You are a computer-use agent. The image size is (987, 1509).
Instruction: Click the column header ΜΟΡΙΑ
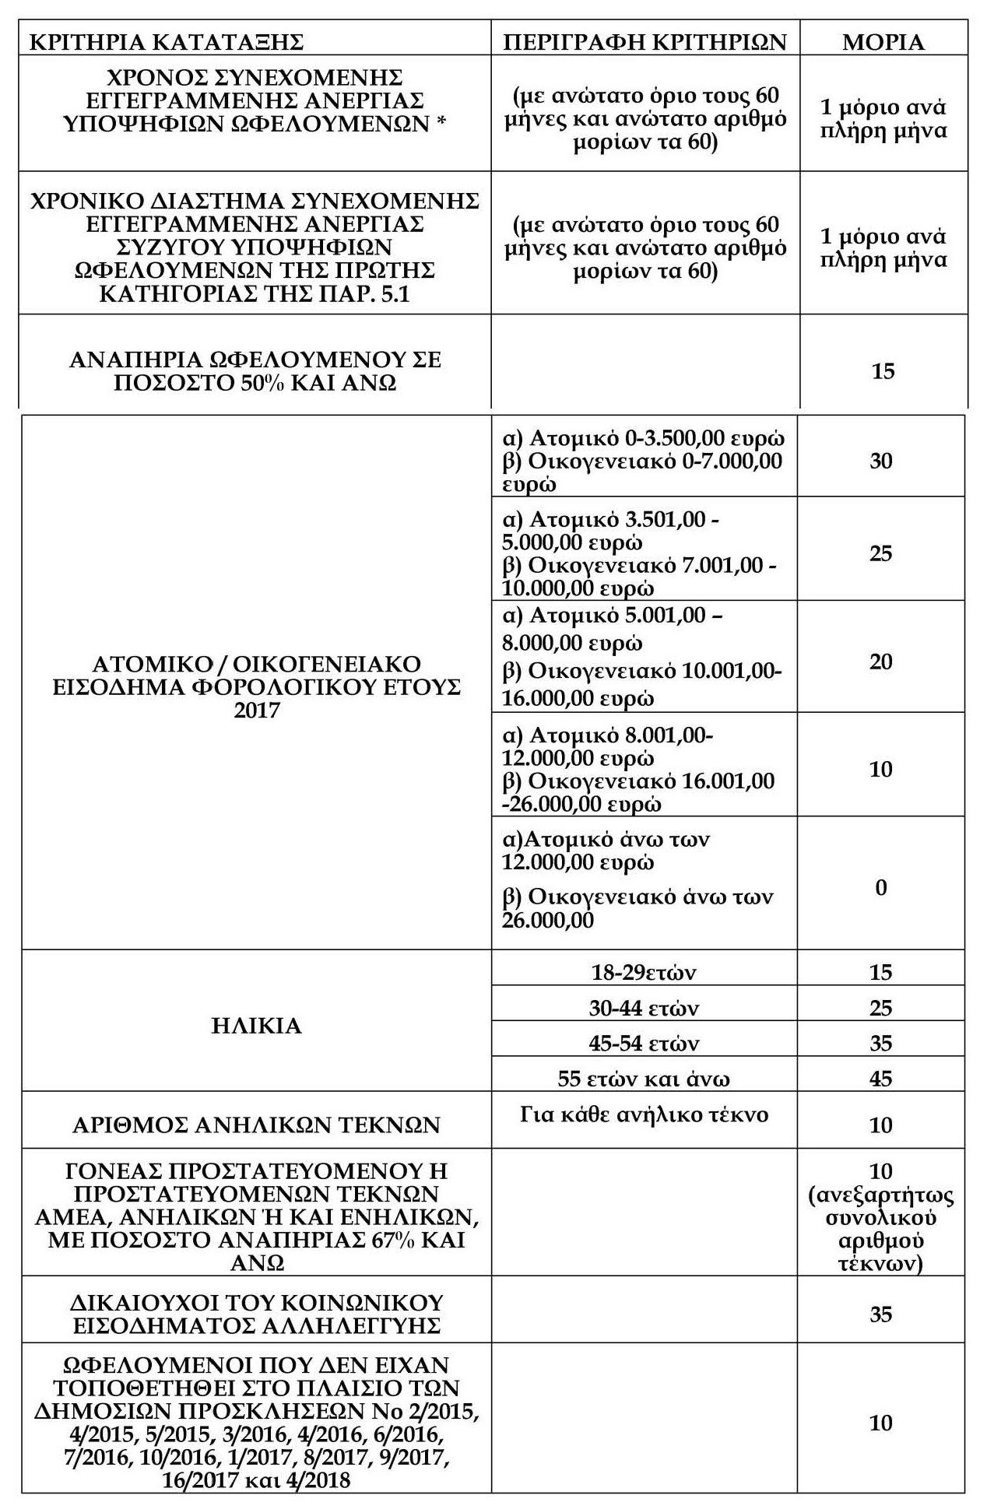(883, 41)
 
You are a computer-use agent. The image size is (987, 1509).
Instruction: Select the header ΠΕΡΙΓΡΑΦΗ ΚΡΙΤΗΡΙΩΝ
(645, 41)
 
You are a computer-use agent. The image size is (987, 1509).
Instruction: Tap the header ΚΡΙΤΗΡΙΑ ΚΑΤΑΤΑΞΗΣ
(166, 41)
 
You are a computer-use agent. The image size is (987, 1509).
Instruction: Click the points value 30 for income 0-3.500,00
(880, 461)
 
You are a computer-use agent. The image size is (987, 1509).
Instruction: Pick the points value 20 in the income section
(880, 662)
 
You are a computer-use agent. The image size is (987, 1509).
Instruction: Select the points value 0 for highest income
(880, 887)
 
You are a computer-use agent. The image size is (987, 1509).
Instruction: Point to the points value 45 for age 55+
(880, 1079)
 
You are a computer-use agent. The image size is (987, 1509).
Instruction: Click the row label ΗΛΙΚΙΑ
(256, 1026)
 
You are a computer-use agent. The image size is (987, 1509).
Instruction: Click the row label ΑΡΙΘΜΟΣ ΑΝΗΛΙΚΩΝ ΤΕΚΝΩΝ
(256, 1125)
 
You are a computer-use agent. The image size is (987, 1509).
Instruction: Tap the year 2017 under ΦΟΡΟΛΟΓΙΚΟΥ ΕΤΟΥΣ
(256, 711)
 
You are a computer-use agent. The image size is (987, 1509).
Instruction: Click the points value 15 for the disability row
(883, 370)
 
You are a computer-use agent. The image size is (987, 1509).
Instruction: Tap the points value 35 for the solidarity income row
(880, 1314)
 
